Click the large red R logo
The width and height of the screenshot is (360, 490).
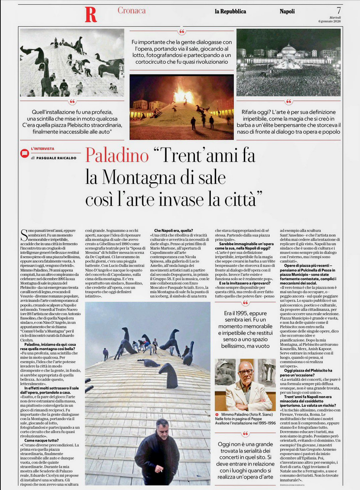point(91,15)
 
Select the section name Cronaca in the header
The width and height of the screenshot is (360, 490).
point(131,11)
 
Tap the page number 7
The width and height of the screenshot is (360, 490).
point(338,11)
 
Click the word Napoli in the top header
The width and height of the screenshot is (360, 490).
point(287,11)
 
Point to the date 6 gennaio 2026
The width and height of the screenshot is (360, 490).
point(329,21)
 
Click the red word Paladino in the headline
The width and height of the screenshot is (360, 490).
point(117,155)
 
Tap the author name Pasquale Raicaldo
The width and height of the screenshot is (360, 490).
point(56,158)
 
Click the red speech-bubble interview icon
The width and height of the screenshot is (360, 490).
point(24,153)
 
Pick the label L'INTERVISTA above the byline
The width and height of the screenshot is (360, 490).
point(43,149)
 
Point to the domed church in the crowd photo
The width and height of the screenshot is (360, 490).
point(288,51)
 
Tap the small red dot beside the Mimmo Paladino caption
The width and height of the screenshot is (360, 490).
point(217,414)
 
